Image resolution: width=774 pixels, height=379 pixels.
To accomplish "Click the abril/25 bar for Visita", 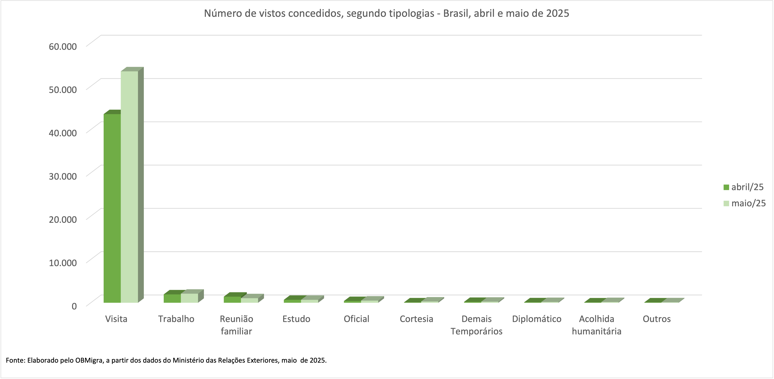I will [x=112, y=208].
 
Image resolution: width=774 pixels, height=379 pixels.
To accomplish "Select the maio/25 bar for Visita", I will [x=129, y=187].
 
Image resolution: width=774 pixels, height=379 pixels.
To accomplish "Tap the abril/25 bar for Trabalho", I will [x=172, y=298].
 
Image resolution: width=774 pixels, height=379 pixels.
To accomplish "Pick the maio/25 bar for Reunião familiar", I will [x=249, y=300].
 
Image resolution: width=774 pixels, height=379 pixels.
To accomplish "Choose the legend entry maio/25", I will [x=744, y=203].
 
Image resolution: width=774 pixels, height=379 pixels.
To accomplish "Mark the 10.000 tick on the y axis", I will [x=63, y=263].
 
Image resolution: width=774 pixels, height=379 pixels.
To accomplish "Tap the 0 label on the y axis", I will [x=74, y=306].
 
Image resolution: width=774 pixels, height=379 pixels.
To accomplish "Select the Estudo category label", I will [x=296, y=319].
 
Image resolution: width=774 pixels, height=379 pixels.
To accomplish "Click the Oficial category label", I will [x=356, y=319].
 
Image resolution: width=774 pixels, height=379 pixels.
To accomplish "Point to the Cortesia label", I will [x=416, y=319].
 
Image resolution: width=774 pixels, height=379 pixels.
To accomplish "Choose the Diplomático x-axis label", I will [x=537, y=319].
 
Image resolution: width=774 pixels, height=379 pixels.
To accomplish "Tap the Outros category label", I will [x=657, y=319].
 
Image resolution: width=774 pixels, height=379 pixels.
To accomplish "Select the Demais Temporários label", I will [x=477, y=325].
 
